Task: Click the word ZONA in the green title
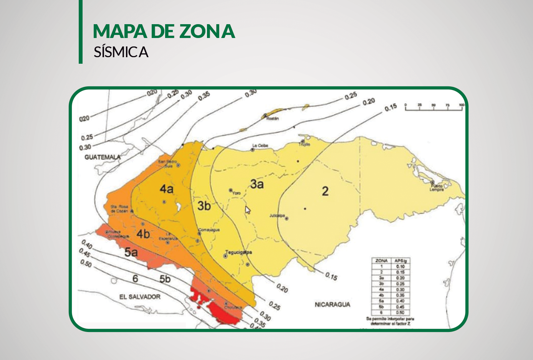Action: coord(207,31)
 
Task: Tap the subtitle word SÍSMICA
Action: coord(121,52)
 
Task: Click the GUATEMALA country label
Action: coord(103,157)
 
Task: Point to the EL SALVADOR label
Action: coord(140,297)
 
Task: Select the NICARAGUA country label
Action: coord(333,304)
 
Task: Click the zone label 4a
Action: coord(167,189)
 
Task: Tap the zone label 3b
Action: coord(204,206)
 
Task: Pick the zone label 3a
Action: coord(257,184)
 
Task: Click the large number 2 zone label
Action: coord(325,191)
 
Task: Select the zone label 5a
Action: coord(131,252)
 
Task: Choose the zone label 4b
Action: coord(143,234)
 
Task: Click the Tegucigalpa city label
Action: coord(238,253)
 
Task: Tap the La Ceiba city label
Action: coord(260,146)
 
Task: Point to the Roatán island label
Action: coord(273,119)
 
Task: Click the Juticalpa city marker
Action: coord(286,218)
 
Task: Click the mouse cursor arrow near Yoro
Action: coord(248,210)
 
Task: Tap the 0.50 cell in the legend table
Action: coord(400,312)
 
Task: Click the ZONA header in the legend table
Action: coord(381,261)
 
